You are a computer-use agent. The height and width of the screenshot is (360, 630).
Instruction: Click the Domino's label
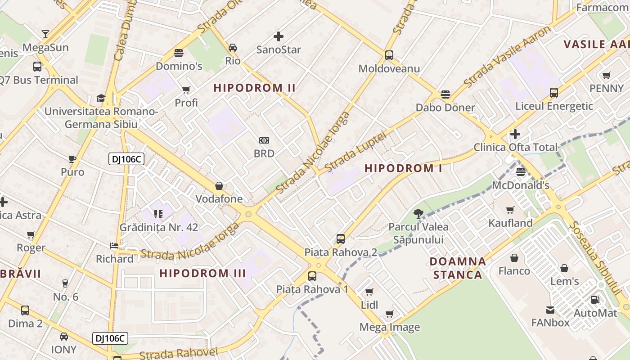(179, 66)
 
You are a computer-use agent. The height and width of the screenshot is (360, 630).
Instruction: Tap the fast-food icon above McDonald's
(521, 171)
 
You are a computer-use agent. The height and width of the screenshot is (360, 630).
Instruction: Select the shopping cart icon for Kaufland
(510, 210)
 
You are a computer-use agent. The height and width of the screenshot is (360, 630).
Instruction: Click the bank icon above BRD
(264, 140)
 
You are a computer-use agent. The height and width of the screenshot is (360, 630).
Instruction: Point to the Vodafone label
(219, 199)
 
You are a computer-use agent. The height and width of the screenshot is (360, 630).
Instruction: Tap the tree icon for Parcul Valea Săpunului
(418, 213)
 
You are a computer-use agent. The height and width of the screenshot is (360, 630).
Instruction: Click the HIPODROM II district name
(255, 88)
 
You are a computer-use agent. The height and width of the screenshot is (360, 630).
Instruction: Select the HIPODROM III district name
(202, 273)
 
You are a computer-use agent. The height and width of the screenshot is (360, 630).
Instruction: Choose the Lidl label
(369, 305)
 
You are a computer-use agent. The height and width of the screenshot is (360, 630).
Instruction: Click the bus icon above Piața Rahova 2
(341, 239)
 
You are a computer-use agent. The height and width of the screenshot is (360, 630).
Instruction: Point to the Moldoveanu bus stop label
(389, 68)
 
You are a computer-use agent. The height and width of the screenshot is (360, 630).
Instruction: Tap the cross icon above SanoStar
(279, 36)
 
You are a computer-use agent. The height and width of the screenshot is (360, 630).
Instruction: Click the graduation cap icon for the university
(101, 98)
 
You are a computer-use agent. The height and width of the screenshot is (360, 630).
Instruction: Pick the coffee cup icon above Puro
(72, 159)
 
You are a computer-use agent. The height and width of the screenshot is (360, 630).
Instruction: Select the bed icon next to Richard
(114, 246)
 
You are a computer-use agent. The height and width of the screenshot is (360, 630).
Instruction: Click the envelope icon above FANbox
(550, 310)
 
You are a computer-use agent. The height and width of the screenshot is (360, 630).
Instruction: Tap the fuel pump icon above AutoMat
(595, 299)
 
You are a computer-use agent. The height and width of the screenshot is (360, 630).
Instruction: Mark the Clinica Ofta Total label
(515, 147)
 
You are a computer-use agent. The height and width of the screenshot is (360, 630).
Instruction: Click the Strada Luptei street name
(355, 151)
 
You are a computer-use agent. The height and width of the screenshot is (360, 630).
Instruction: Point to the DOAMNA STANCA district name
(458, 268)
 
